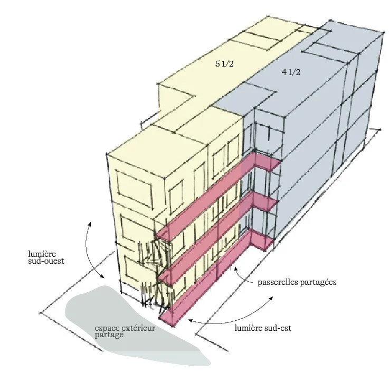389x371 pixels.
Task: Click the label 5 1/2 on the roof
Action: point(224,64)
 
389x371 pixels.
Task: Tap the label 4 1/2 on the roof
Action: point(291,72)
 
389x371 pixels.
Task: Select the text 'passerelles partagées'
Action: point(297,282)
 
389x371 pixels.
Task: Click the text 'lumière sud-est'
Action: point(262,328)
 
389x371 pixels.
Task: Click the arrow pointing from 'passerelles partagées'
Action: point(241,273)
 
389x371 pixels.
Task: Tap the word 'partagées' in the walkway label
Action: point(318,282)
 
